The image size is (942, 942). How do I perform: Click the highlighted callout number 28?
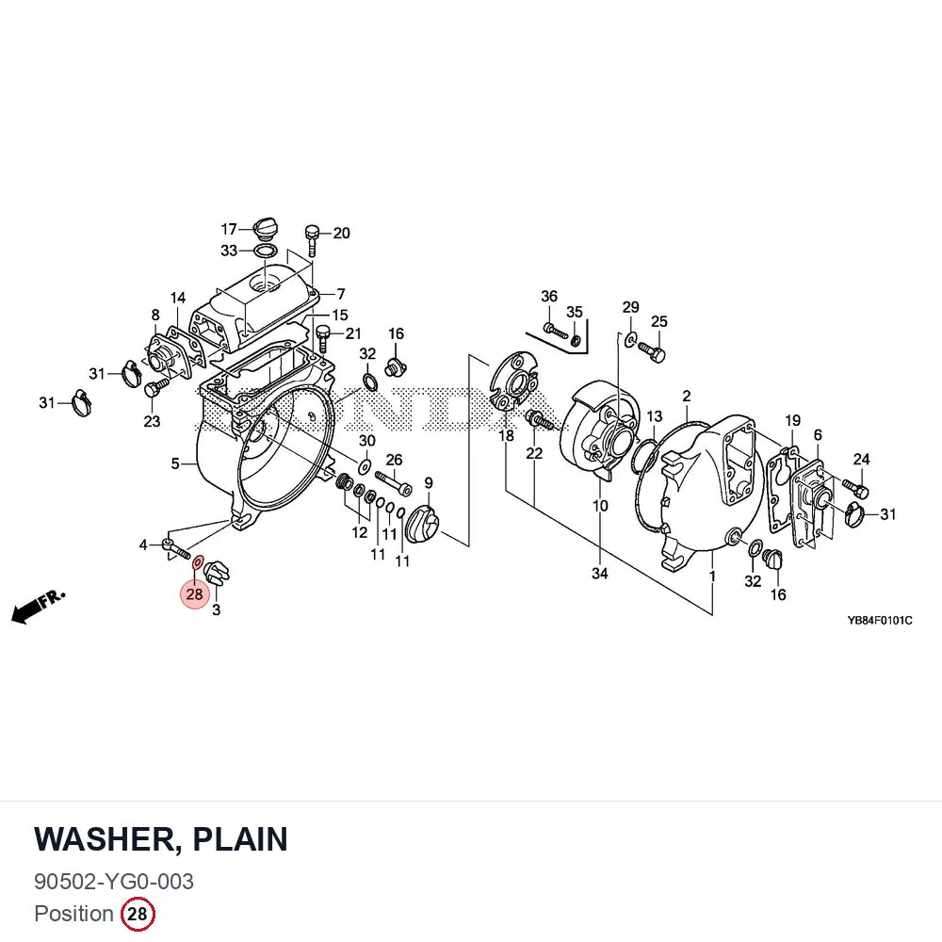(195, 594)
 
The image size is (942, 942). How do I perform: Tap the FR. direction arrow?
(38, 606)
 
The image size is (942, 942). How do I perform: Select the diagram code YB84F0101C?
(880, 620)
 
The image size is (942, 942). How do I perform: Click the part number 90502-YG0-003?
(114, 882)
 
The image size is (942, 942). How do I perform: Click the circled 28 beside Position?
(138, 914)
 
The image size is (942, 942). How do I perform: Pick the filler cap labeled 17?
(266, 228)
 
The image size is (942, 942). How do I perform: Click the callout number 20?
(341, 233)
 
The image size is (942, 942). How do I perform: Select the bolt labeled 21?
(323, 338)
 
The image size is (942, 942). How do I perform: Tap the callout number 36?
(549, 296)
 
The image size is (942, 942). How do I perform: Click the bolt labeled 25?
(651, 351)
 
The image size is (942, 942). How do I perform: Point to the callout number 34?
(599, 574)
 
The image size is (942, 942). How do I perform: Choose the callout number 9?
(429, 483)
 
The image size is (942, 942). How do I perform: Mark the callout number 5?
(175, 463)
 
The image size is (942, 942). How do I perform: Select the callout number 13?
(655, 416)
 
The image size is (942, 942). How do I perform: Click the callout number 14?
(178, 298)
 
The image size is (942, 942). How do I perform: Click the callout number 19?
(792, 420)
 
